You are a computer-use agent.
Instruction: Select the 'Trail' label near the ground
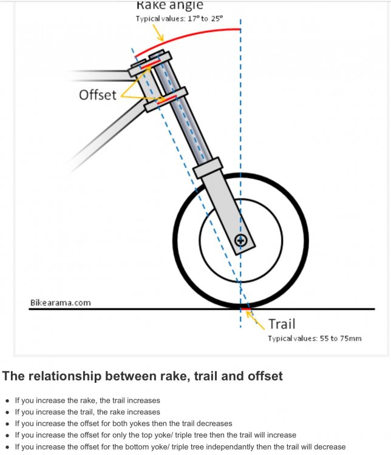[x=282, y=324]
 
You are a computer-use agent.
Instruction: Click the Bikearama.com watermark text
[x=60, y=302]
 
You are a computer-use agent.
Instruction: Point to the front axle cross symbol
[x=241, y=241]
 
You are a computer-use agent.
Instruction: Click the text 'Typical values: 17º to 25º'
[x=179, y=19]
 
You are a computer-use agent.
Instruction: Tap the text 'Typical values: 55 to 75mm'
[x=314, y=338]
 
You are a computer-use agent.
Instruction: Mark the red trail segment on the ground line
[x=246, y=309]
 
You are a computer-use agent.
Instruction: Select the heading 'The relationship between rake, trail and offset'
[x=143, y=376]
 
